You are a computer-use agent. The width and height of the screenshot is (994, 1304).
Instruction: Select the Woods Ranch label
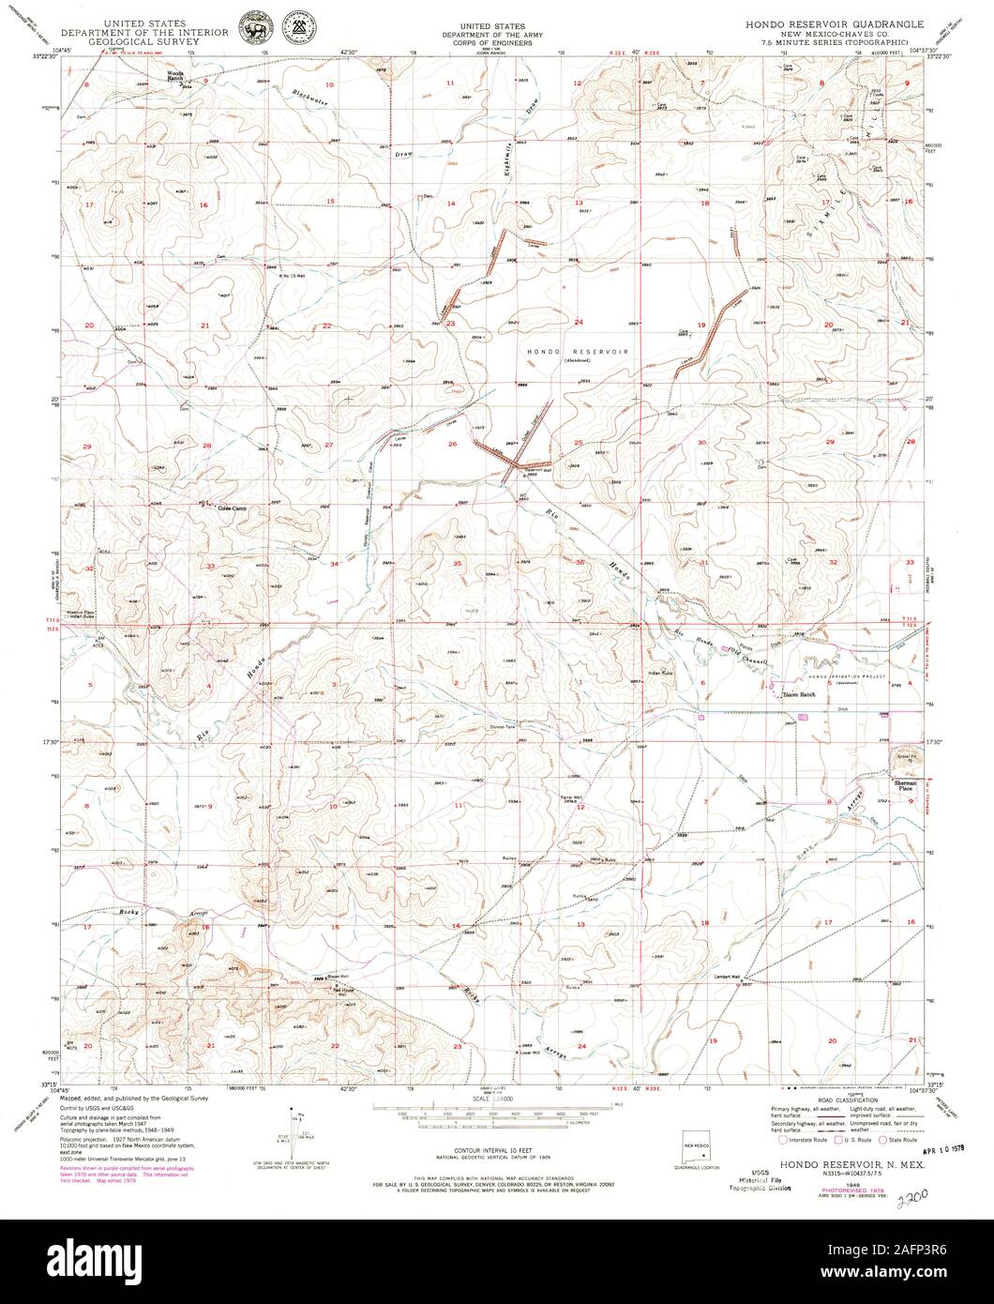pos(176,76)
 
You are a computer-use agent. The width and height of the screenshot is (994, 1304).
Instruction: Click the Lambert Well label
pos(726,977)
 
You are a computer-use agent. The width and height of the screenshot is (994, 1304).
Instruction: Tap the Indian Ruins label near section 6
pos(662,672)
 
